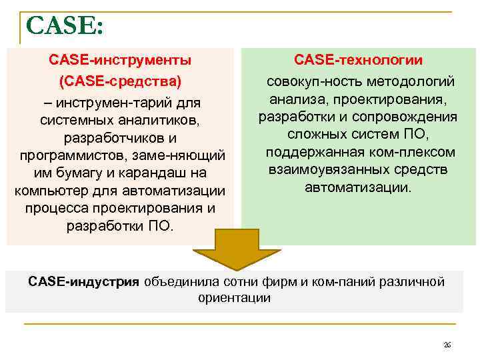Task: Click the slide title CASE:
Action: pyautogui.click(x=65, y=27)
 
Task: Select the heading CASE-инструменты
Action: pyautogui.click(x=120, y=60)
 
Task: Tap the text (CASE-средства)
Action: pyautogui.click(x=120, y=82)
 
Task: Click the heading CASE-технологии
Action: pyautogui.click(x=358, y=60)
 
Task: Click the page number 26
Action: pyautogui.click(x=447, y=345)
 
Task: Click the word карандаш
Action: pyautogui.click(x=157, y=173)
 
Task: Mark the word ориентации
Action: pyautogui.click(x=234, y=298)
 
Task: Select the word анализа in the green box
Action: pyautogui.click(x=294, y=100)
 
